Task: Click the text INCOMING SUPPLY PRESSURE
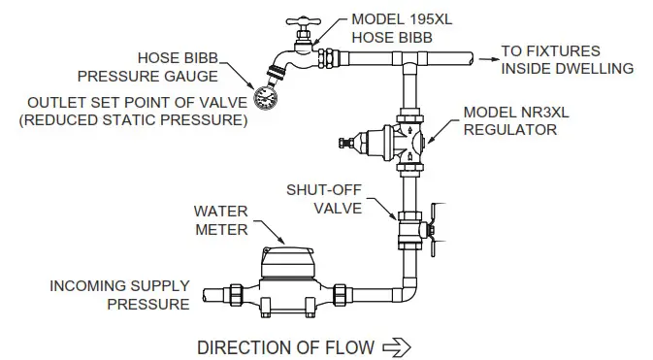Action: click(x=119, y=295)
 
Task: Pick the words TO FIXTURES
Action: click(x=550, y=50)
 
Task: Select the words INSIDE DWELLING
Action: click(x=567, y=68)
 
